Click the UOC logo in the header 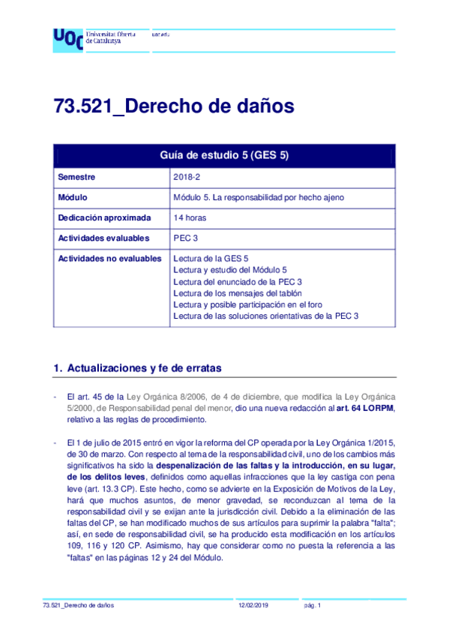click(x=68, y=38)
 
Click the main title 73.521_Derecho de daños click(x=173, y=106)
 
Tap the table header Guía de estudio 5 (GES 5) click(x=224, y=156)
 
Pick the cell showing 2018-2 click(x=185, y=177)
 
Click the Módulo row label click(x=73, y=197)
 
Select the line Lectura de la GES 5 click(x=211, y=259)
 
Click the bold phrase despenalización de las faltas click(x=227, y=465)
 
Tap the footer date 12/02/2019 click(x=253, y=605)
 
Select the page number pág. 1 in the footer click(x=312, y=605)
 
